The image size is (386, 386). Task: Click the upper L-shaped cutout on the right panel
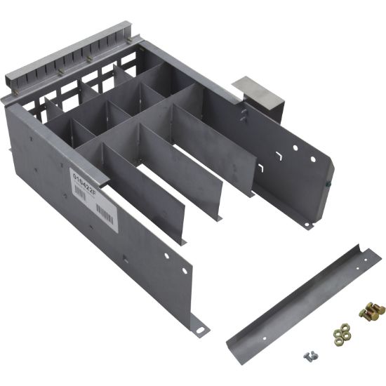pos(277,152)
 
